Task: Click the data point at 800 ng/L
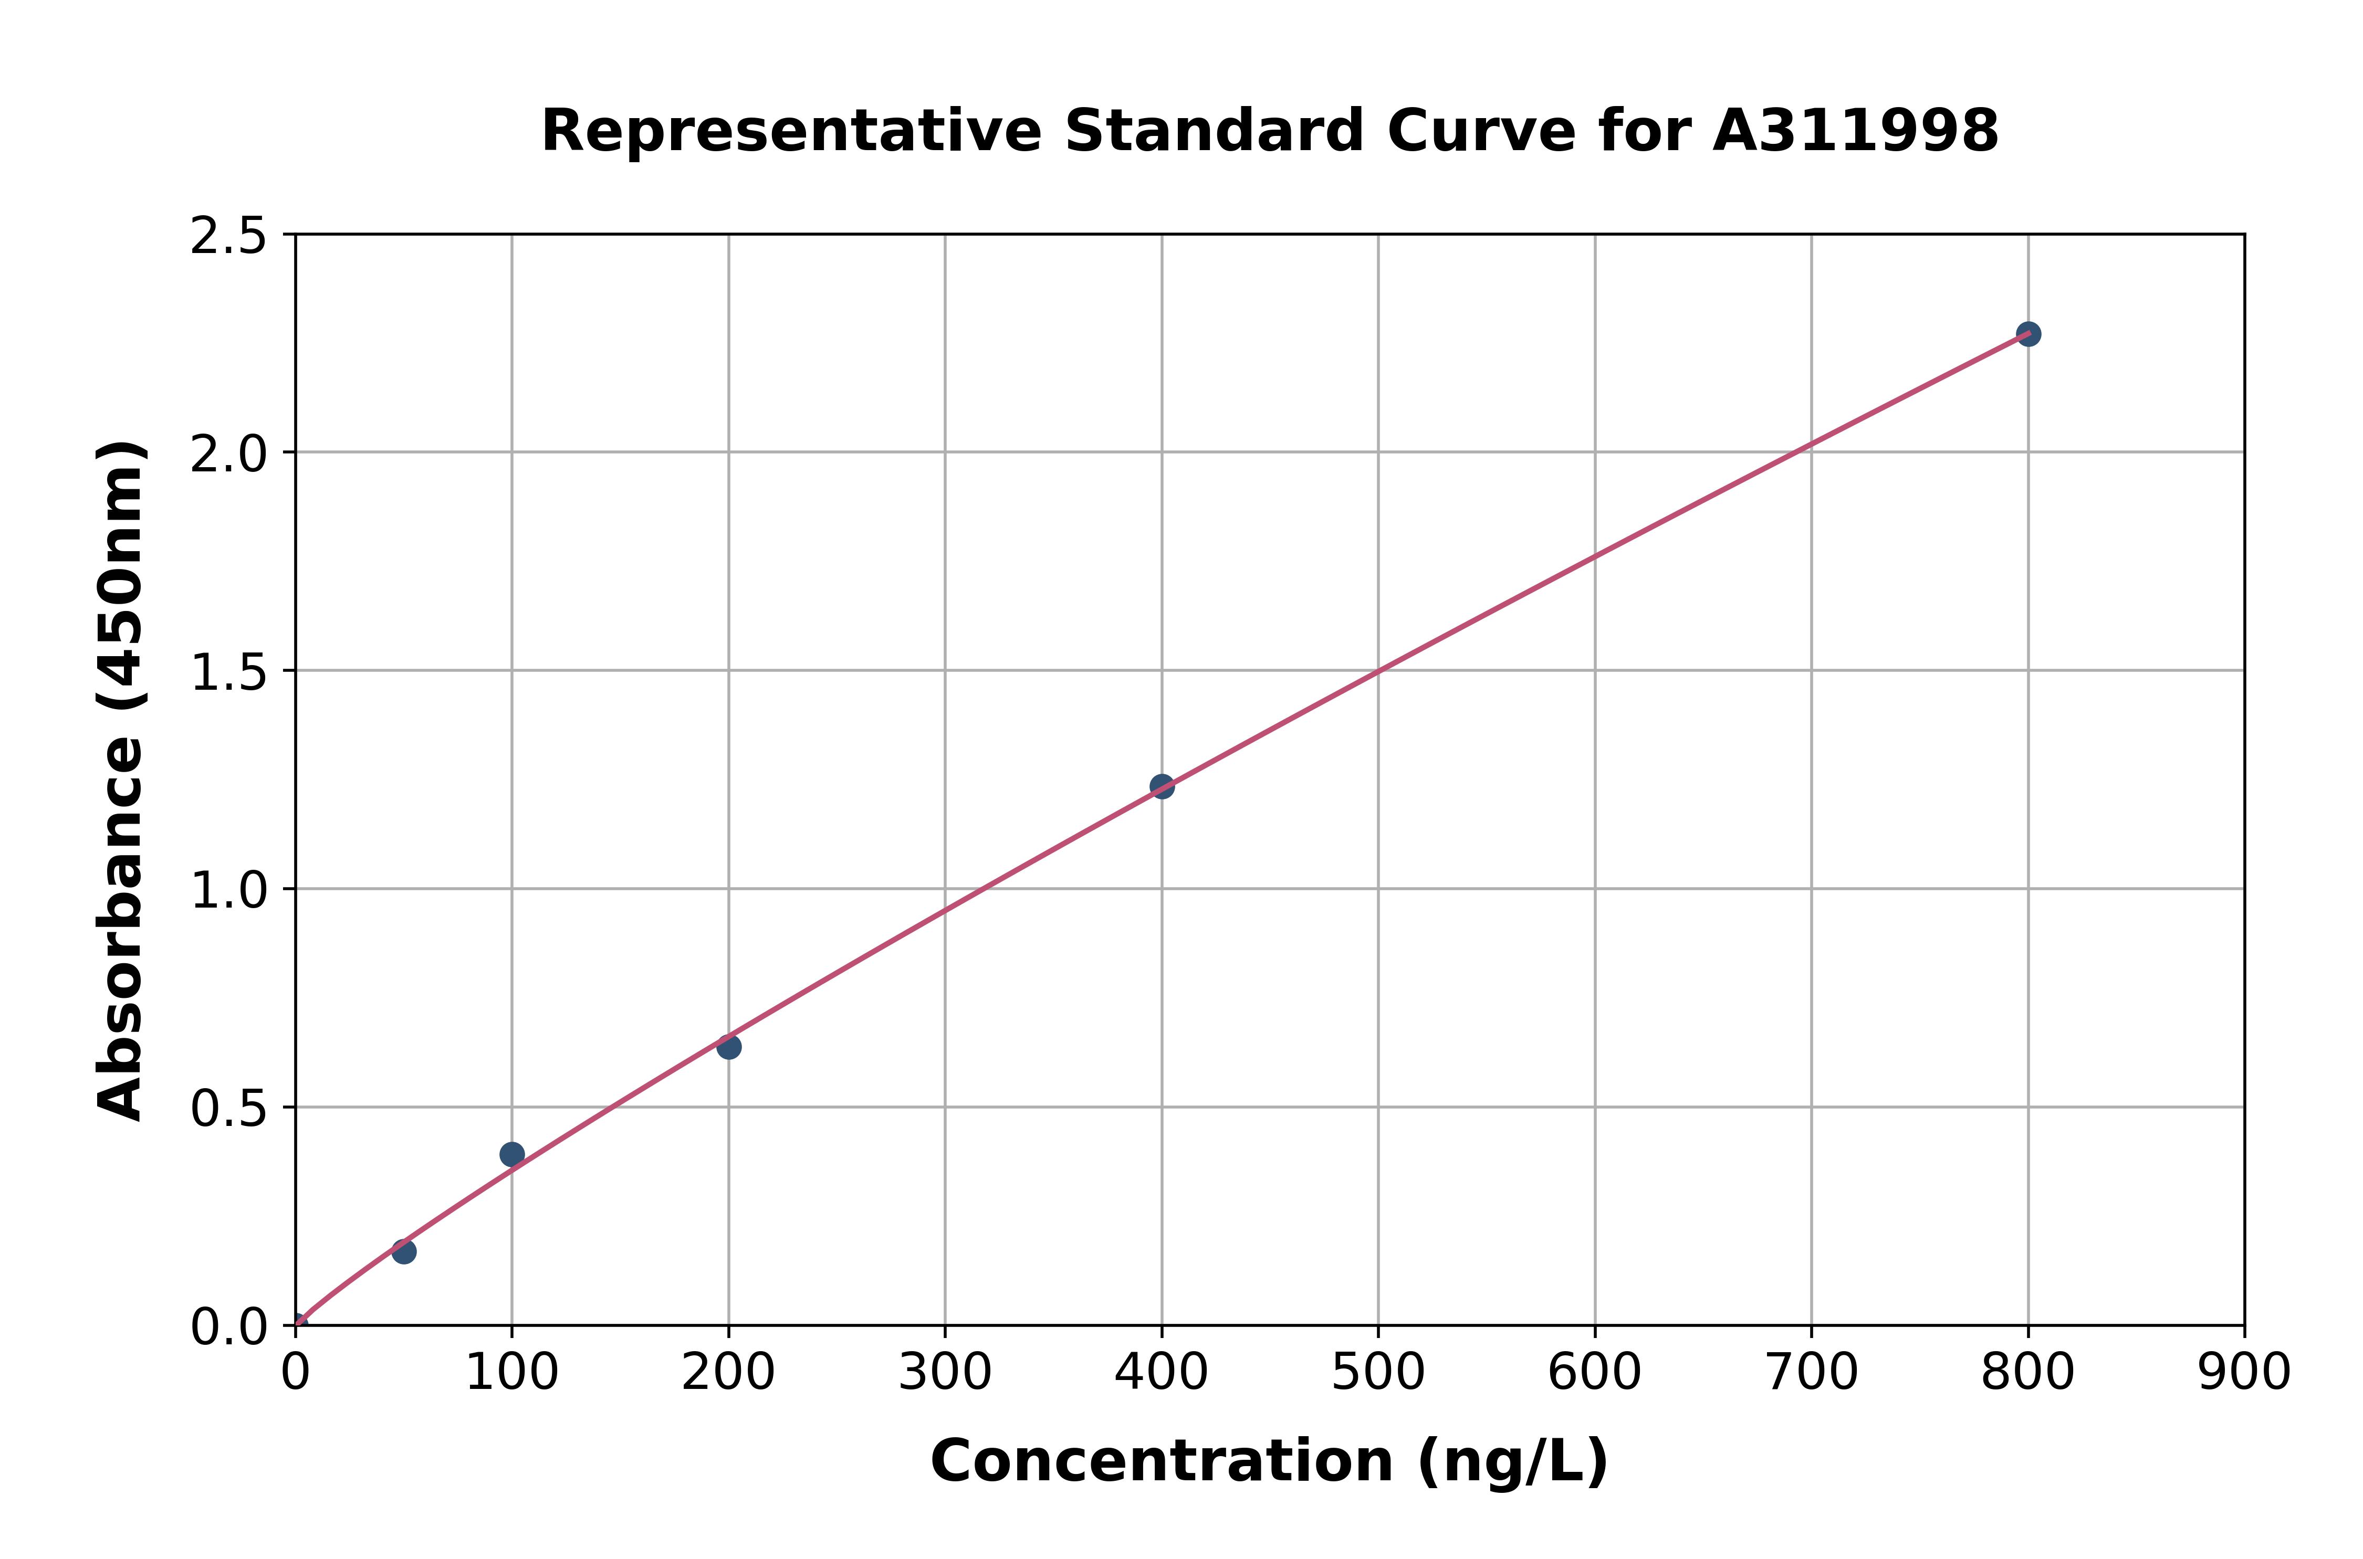tap(2028, 334)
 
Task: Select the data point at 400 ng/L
tap(1162, 786)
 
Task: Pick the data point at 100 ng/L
tap(512, 1154)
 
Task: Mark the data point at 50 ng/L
tap(404, 1252)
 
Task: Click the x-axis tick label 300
tap(945, 1373)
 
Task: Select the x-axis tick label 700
tap(1811, 1373)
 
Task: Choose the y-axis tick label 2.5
tap(229, 237)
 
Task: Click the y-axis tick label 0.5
tap(229, 1109)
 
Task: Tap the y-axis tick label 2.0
tap(229, 455)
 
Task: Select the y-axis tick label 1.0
tap(229, 891)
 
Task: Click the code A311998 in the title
tap(1856, 130)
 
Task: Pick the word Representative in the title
tap(791, 130)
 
